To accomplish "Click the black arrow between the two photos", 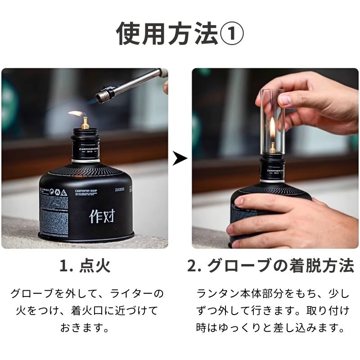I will (180, 158).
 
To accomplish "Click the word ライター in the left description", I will (128, 294).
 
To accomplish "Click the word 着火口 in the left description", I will (100, 310).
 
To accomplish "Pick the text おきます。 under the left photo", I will (85, 327).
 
